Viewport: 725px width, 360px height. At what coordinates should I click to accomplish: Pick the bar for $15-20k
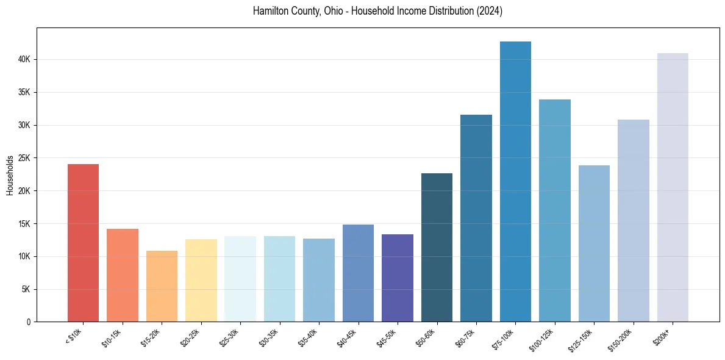pos(162,286)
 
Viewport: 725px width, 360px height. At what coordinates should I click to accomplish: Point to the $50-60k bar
pos(437,247)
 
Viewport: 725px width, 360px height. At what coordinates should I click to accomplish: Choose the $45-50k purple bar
pos(398,278)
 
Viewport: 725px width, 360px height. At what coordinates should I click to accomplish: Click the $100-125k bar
pos(555,211)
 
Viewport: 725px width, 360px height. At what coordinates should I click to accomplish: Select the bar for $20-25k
pos(201,281)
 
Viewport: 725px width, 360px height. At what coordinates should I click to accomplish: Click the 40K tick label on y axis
pos(25,60)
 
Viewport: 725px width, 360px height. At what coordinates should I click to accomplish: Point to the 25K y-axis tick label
pos(25,158)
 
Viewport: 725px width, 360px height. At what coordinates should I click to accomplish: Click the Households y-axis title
pos(10,175)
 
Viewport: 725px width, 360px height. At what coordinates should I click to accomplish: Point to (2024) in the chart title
pos(490,12)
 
